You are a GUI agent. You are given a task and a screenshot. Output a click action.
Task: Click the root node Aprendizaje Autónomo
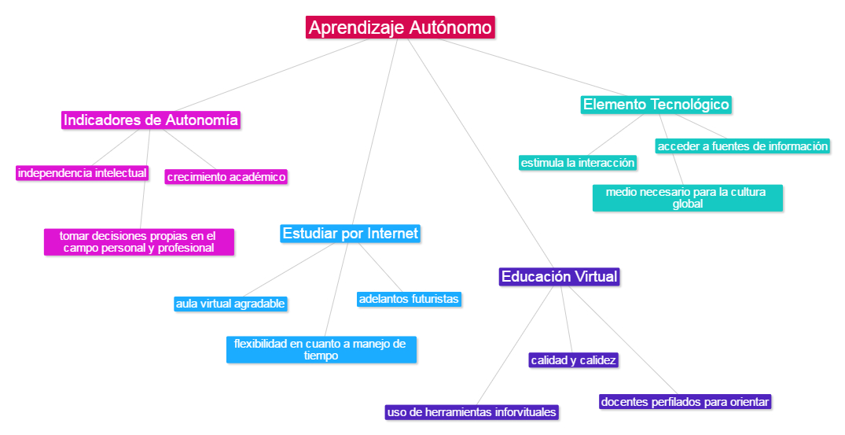pos(400,28)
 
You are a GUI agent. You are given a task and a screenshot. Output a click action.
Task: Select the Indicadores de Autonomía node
pos(150,120)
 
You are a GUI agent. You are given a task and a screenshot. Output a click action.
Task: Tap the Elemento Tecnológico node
pos(656,104)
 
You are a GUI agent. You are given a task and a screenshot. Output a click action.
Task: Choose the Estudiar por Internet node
pos(351,234)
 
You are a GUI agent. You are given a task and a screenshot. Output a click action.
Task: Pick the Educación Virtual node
pos(560,277)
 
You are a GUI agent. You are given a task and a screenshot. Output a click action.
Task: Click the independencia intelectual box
pos(83,173)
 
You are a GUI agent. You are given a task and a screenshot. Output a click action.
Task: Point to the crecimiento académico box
pos(226,177)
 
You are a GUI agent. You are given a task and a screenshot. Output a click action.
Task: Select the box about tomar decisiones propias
pos(139,241)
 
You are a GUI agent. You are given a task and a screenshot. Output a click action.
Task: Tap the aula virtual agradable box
pos(230,304)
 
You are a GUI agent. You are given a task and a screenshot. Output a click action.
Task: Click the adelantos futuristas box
pos(409,299)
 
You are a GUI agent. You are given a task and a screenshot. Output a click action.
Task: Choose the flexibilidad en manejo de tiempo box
pos(321,349)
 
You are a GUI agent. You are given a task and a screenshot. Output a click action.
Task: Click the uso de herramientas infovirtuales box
pos(472,412)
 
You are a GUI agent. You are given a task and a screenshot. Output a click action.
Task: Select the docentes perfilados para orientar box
pos(685,402)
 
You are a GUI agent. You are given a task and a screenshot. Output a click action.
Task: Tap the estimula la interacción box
pos(578,163)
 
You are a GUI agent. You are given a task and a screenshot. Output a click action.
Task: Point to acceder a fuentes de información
pos(743,146)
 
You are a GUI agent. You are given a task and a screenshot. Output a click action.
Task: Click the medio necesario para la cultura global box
pos(688,197)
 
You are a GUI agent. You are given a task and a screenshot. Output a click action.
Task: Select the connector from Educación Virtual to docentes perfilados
pos(621,338)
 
